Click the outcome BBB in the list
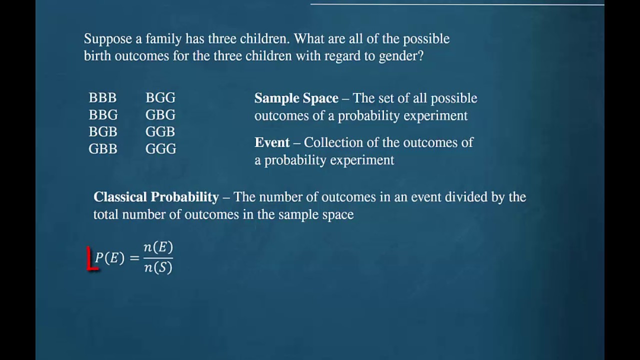pos(102,98)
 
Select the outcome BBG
pos(103,115)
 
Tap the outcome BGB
pos(103,132)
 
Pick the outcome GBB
pos(103,149)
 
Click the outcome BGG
pos(160,98)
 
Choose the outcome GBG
pos(160,115)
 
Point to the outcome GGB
pos(160,132)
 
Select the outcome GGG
pos(160,149)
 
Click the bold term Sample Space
pos(296,98)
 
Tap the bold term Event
pos(272,143)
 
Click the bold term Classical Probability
pos(156,197)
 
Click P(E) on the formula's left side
pos(109,258)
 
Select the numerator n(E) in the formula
pos(158,247)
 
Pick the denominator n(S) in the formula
pos(158,267)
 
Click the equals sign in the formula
pos(134,258)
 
